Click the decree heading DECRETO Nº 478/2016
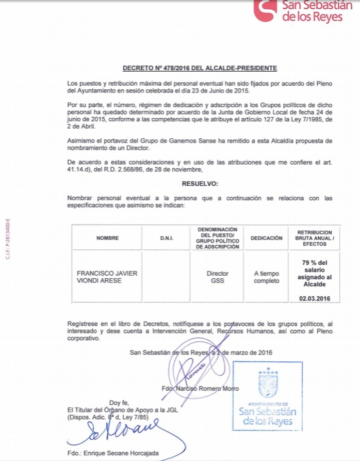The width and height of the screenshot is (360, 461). (x=200, y=68)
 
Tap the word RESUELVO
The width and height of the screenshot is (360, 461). (x=200, y=183)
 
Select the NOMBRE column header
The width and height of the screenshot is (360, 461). (x=107, y=238)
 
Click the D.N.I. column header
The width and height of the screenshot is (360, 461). (x=166, y=238)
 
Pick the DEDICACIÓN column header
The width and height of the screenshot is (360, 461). (x=266, y=238)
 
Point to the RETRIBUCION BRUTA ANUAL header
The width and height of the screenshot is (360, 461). (x=314, y=238)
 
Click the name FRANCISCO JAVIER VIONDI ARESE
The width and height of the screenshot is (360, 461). (x=107, y=277)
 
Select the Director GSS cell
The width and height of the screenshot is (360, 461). (x=217, y=277)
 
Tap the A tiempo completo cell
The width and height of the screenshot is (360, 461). (x=266, y=277)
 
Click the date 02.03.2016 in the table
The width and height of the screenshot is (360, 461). (x=314, y=298)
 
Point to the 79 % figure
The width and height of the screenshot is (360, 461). (x=314, y=263)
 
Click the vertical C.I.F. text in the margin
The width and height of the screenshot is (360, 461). (x=8, y=238)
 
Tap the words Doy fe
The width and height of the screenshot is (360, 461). (x=119, y=402)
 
